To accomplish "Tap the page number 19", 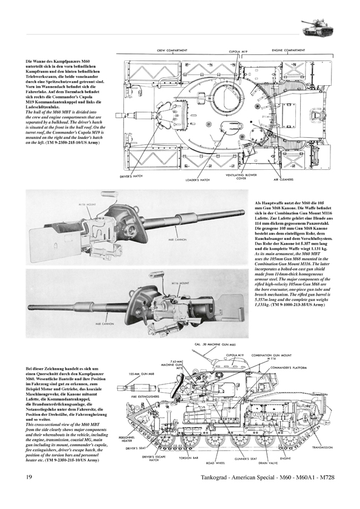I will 22,495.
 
